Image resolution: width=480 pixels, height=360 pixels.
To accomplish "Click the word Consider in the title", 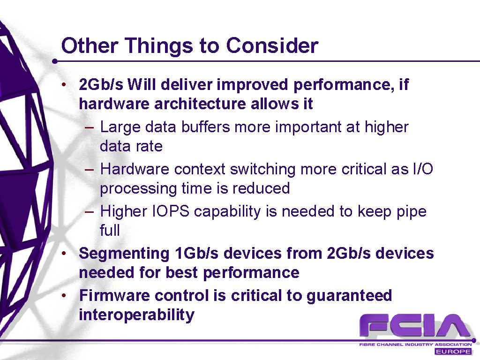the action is click(x=272, y=45).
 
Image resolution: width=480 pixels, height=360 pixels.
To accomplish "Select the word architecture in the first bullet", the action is click(x=200, y=104).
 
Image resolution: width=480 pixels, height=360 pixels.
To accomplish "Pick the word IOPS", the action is click(x=171, y=211).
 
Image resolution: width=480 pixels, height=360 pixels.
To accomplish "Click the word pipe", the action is click(x=412, y=212).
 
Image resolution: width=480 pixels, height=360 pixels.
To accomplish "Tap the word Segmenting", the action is click(x=124, y=254).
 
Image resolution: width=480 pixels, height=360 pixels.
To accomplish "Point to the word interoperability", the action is click(x=136, y=315).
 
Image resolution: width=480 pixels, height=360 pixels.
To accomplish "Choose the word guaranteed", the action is click(x=349, y=296).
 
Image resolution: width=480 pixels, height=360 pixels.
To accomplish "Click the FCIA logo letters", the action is click(x=415, y=326).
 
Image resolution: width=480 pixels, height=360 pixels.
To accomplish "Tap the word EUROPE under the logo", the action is click(x=453, y=351).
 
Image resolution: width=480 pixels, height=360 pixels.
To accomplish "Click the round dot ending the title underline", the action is click(x=55, y=61).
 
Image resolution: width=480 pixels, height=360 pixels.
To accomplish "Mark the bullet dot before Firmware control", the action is click(x=64, y=295).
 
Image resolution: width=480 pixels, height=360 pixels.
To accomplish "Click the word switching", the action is click(x=262, y=170).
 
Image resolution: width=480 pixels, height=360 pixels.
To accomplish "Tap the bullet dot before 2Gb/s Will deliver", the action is click(x=64, y=84).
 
